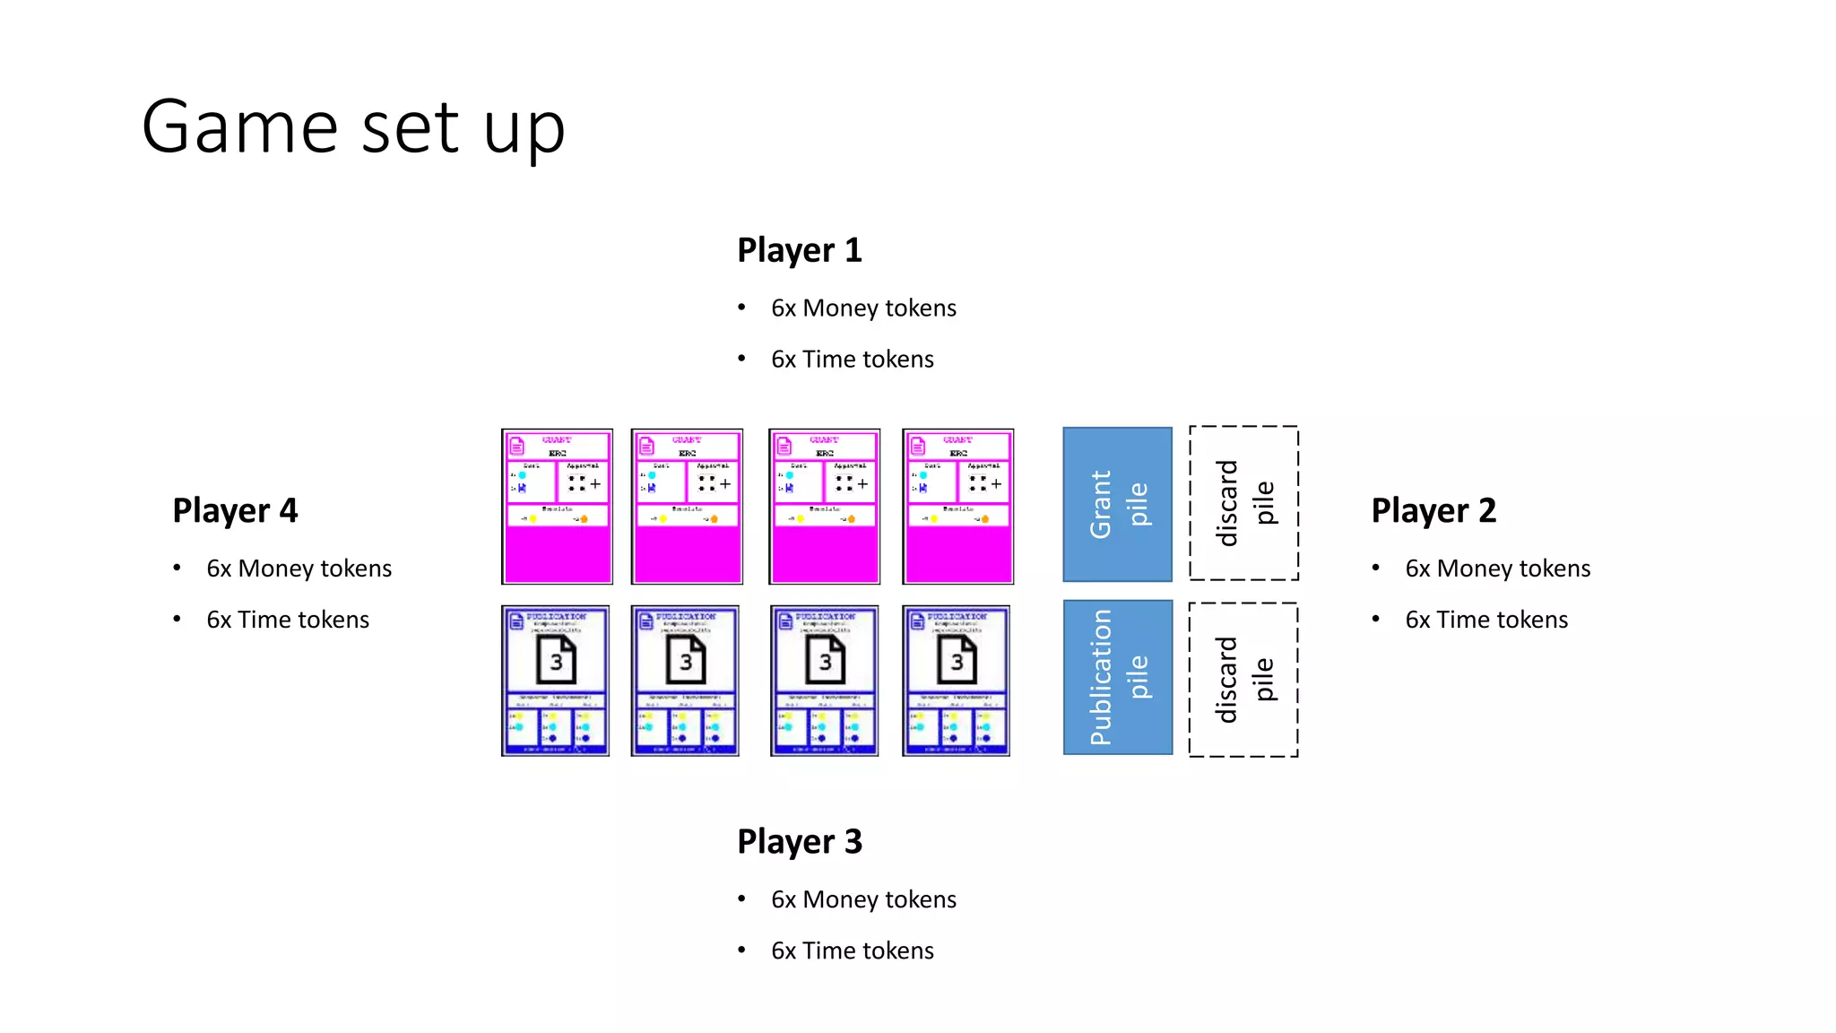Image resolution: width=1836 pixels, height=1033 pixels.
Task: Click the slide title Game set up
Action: (353, 127)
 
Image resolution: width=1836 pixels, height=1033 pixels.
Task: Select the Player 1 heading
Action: (799, 250)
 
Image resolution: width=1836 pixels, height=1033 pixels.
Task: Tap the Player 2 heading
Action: (1433, 510)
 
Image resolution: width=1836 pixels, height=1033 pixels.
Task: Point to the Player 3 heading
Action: (799, 842)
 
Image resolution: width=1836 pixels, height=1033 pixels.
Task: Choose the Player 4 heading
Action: (235, 510)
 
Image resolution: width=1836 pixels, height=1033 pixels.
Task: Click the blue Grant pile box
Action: (1117, 504)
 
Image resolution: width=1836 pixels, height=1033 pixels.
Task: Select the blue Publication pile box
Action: (1117, 677)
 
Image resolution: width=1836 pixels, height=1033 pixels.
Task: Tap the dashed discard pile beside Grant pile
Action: (1243, 503)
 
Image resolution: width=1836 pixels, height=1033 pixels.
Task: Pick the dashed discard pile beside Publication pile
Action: (1243, 680)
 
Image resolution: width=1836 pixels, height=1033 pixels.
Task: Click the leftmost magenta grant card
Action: (557, 507)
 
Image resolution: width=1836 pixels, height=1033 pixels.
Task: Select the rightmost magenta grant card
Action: (957, 507)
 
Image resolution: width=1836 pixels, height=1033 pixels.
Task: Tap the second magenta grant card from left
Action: (687, 507)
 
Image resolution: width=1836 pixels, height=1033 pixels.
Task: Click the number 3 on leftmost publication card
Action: (556, 662)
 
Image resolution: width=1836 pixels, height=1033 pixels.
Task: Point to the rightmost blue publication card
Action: (956, 681)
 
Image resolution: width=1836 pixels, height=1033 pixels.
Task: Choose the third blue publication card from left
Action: (824, 681)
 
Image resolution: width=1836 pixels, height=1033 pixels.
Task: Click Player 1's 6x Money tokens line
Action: (862, 308)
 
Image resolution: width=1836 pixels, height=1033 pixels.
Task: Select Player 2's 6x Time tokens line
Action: (1485, 620)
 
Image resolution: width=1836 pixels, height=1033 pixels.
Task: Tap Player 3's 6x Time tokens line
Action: (852, 951)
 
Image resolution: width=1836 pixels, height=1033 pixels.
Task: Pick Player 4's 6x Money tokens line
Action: (299, 569)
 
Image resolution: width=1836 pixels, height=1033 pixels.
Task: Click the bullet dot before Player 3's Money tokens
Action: (741, 898)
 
